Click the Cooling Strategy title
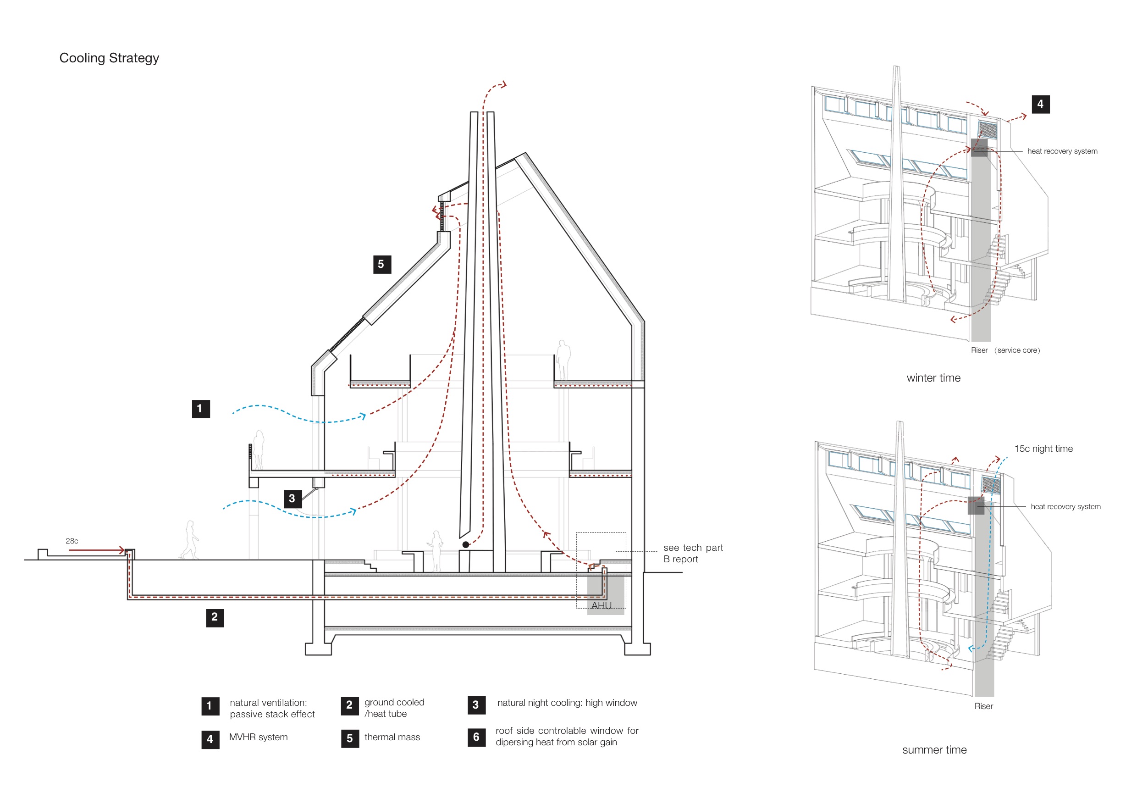coord(109,58)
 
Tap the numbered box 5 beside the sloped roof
coord(382,265)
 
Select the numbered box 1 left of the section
coord(200,409)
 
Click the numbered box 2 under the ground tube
coord(215,617)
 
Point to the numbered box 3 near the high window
coord(293,499)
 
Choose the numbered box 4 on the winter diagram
coord(1040,104)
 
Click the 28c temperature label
coord(72,541)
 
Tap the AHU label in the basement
coord(601,605)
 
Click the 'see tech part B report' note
coord(692,553)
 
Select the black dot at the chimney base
coord(465,545)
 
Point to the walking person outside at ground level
coord(189,540)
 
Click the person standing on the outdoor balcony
coord(259,449)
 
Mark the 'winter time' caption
coord(933,378)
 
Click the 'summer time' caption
coord(934,749)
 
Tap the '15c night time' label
coord(1043,449)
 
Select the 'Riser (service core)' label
coord(1005,350)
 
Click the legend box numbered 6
coord(476,737)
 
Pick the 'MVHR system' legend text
coord(258,737)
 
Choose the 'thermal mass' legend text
coord(392,737)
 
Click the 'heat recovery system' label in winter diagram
coord(1062,151)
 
